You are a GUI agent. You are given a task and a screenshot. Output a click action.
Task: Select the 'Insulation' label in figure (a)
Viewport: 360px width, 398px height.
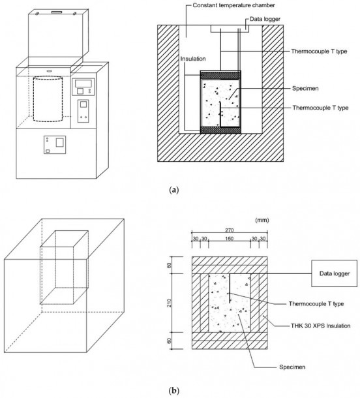click(x=194, y=59)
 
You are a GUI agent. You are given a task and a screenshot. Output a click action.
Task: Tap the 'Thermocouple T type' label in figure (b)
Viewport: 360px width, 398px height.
click(x=316, y=303)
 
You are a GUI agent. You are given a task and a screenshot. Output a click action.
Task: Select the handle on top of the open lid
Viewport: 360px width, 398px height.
click(x=54, y=12)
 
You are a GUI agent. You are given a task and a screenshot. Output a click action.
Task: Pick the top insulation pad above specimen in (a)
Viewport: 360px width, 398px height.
click(x=221, y=74)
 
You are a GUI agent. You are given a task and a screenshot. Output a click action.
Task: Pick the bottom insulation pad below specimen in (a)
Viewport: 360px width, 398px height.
click(x=221, y=130)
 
